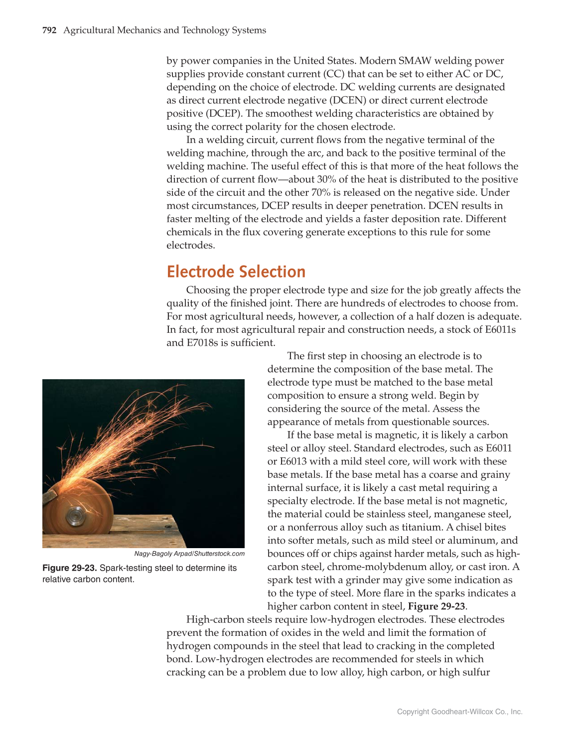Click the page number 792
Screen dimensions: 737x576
click(x=49, y=30)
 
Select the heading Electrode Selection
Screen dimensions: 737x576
click(x=236, y=272)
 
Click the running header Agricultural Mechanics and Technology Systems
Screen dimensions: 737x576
click(x=164, y=30)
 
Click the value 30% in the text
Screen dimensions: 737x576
click(x=326, y=179)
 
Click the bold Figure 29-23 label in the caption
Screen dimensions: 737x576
click(x=70, y=568)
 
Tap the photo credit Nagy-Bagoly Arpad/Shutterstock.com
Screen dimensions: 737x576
click(x=189, y=554)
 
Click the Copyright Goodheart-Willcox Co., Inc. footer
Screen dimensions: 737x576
click(x=459, y=712)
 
